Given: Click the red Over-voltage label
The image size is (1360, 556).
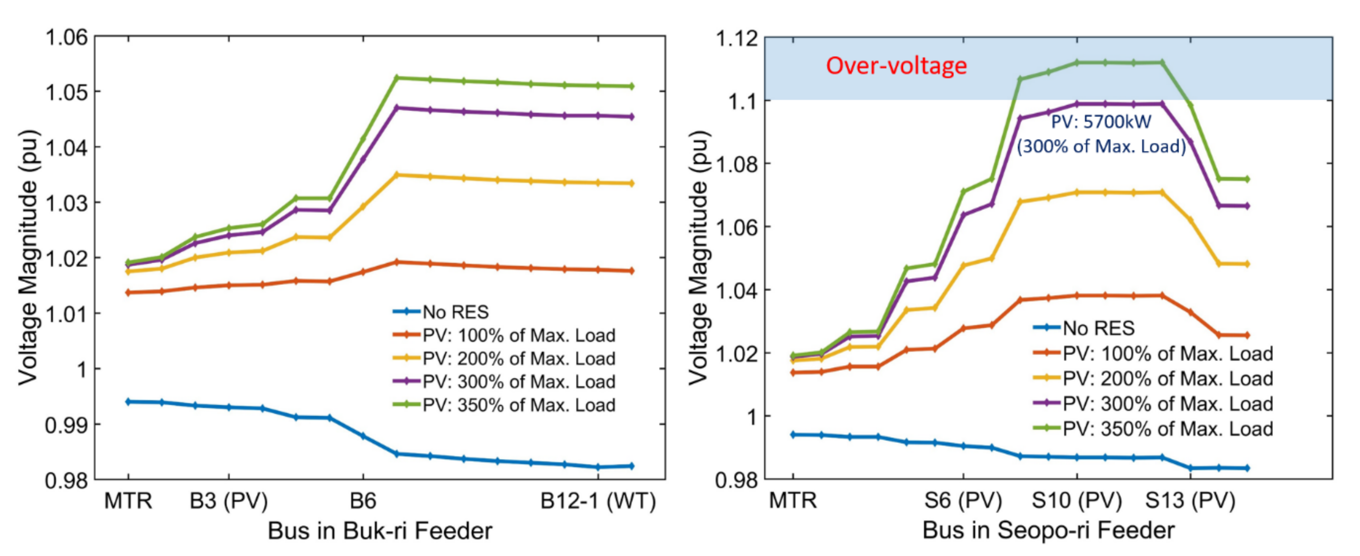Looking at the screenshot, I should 896,66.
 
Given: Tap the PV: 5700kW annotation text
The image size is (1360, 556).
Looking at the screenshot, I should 1101,122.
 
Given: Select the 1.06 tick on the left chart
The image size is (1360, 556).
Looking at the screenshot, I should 67,38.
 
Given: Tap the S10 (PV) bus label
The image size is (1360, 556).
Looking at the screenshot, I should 1076,500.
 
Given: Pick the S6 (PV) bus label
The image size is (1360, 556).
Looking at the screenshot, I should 963,500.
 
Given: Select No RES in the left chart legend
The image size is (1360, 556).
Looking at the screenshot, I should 456,312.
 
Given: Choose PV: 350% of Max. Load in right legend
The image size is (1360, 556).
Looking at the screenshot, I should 1167,429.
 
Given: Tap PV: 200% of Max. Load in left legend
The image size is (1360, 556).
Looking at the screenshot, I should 519,358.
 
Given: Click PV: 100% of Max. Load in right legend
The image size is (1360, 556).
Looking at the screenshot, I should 1167,353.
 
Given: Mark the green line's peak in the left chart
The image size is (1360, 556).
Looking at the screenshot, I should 397,77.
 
